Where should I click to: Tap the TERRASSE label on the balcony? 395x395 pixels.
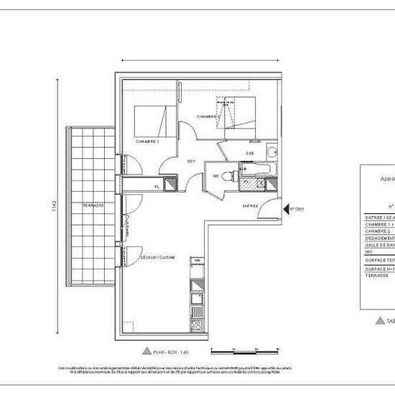pos(93,205)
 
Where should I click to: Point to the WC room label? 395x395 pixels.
pos(215,176)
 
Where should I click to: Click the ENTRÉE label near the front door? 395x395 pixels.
pos(250,205)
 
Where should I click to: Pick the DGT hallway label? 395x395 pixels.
pos(192,161)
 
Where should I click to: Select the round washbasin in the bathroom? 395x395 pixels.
pos(271,151)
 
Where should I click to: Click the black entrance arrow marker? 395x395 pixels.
pos(287,209)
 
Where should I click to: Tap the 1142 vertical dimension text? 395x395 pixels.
pos(54,206)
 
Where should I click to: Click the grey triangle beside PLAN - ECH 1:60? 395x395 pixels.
pos(147,351)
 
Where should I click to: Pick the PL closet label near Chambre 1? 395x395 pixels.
pos(157,187)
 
